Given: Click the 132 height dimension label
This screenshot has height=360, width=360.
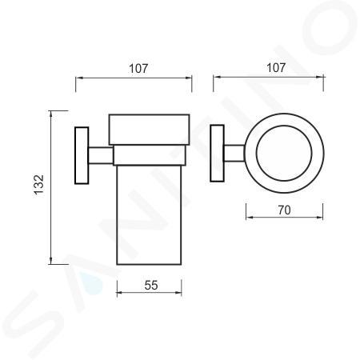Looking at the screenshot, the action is point(39,185).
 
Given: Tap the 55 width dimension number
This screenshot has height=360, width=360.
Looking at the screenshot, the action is point(151,286).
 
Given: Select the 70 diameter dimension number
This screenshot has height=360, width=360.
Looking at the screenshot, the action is point(284,210).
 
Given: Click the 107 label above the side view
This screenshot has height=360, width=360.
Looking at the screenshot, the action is point(138,69).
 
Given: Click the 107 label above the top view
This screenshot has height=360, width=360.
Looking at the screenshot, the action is point(276,68).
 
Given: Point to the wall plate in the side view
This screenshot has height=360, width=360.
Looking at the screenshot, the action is point(82,155).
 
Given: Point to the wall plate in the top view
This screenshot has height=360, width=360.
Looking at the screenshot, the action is point(217,154).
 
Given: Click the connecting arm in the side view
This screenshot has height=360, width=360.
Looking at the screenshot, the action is point(101,155).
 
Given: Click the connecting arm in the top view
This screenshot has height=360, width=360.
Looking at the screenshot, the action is point(234,154).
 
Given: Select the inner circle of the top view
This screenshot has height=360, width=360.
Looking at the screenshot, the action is point(284,126).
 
